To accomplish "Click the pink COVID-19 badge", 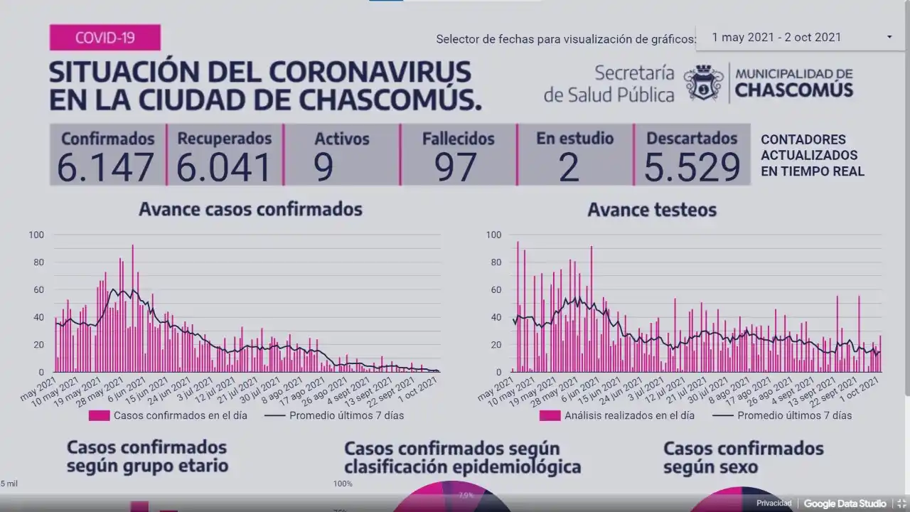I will (105, 38).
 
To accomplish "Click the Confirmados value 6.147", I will (106, 167).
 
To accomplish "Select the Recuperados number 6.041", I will (224, 167).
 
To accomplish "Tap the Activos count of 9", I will (323, 167).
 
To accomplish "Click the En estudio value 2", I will (569, 167).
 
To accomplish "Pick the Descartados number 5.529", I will (692, 167).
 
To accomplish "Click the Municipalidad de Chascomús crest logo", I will (704, 83).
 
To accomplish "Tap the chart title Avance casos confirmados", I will (250, 209).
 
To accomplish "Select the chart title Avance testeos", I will (652, 210).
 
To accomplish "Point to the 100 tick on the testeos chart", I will (493, 235).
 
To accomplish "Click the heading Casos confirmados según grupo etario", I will (147, 457).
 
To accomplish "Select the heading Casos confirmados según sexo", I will (743, 457).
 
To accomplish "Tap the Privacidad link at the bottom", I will (773, 503).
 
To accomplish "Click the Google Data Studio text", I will (845, 503).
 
